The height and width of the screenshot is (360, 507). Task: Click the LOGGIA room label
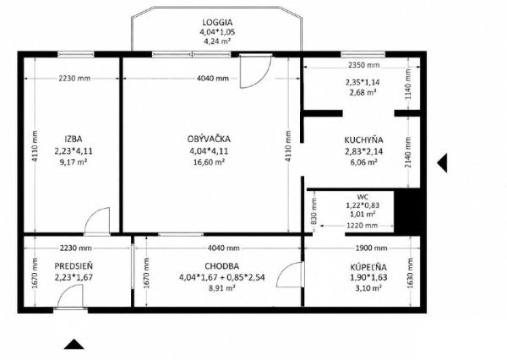pos(217,22)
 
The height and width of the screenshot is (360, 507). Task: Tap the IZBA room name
pos(74,139)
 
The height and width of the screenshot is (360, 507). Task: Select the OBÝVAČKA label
pos(209,139)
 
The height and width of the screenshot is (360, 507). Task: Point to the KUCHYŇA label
pos(363,140)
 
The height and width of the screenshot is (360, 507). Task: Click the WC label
pos(363,197)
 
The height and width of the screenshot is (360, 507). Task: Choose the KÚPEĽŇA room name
pos(368,267)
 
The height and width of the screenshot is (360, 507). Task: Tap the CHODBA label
pos(221,266)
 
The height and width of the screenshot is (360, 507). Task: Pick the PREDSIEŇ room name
pos(74,266)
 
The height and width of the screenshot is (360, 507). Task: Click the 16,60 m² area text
pos(209,162)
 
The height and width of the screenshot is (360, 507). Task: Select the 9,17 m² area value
pos(73,162)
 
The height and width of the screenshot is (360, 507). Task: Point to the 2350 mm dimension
pos(363,65)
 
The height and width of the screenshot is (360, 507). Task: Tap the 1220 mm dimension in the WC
pos(362,225)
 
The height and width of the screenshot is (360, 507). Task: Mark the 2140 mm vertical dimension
pos(408,152)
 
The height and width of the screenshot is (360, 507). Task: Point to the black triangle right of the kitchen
pos(442,163)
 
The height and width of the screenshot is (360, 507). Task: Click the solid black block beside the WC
pos(407,211)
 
